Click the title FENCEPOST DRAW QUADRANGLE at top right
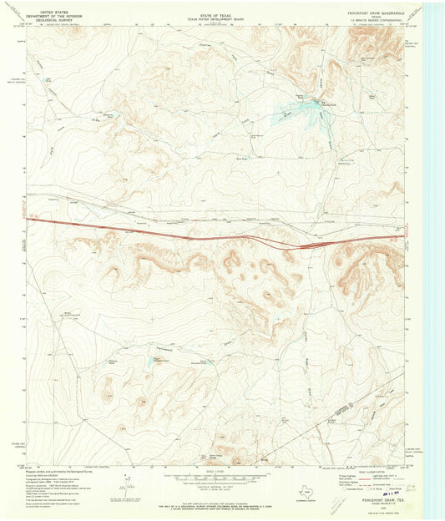(x=375, y=12)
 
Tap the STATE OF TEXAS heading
(x=214, y=13)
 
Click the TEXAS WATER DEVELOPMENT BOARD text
(x=214, y=18)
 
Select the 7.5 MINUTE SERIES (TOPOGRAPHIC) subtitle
(x=375, y=23)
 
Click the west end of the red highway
(x=29, y=220)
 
